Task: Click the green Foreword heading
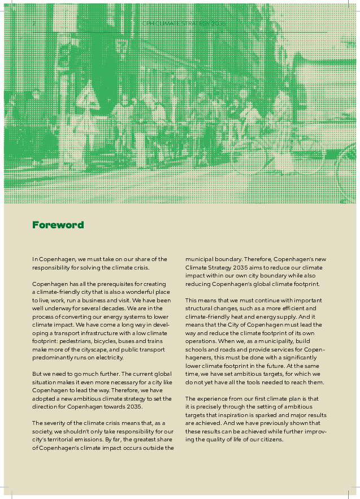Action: [58, 225]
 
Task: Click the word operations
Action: [201, 337]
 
